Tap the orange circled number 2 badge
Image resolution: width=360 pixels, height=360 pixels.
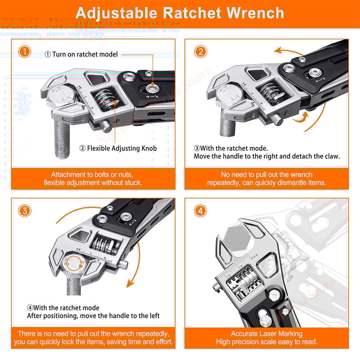tap(201, 52)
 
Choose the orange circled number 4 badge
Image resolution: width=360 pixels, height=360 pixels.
tap(201, 211)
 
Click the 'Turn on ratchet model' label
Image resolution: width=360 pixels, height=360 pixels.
tap(85, 54)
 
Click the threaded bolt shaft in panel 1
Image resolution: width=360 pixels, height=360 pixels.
tap(62, 138)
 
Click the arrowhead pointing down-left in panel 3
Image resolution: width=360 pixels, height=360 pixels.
tap(130, 283)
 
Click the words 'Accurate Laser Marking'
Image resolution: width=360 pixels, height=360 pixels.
tap(266, 333)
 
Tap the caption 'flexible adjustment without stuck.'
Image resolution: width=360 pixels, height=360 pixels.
tap(93, 183)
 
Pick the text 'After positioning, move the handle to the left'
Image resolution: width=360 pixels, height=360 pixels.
tap(94, 316)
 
